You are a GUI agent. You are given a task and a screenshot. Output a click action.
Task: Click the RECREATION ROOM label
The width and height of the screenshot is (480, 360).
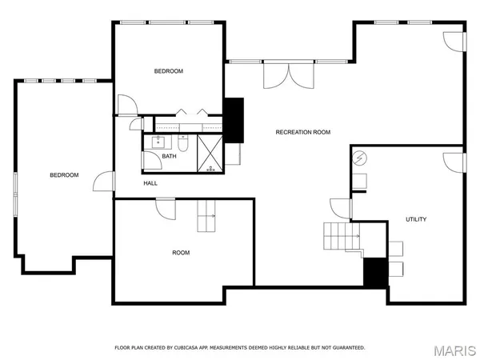pyautogui.click(x=302, y=132)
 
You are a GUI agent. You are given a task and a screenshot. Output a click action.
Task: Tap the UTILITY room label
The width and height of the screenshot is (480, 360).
pyautogui.click(x=416, y=219)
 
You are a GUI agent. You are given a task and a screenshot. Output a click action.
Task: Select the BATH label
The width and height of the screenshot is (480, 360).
pyautogui.click(x=169, y=156)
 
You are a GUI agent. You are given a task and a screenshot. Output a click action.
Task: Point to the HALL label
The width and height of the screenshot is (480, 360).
pyautogui.click(x=150, y=183)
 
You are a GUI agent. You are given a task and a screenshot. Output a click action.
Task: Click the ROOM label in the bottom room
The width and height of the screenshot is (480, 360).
pyautogui.click(x=182, y=253)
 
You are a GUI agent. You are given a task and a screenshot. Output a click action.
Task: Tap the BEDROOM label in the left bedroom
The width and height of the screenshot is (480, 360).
pyautogui.click(x=64, y=175)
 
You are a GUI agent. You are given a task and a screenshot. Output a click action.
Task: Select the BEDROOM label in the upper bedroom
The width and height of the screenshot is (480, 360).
pyautogui.click(x=169, y=71)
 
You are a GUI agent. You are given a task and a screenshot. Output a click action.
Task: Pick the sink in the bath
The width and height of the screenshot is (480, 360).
pyautogui.click(x=157, y=144)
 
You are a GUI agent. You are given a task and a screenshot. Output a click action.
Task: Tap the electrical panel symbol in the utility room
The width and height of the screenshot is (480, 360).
pyautogui.click(x=359, y=158)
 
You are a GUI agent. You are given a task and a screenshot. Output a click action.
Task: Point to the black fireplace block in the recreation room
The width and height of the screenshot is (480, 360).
pyautogui.click(x=234, y=120)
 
